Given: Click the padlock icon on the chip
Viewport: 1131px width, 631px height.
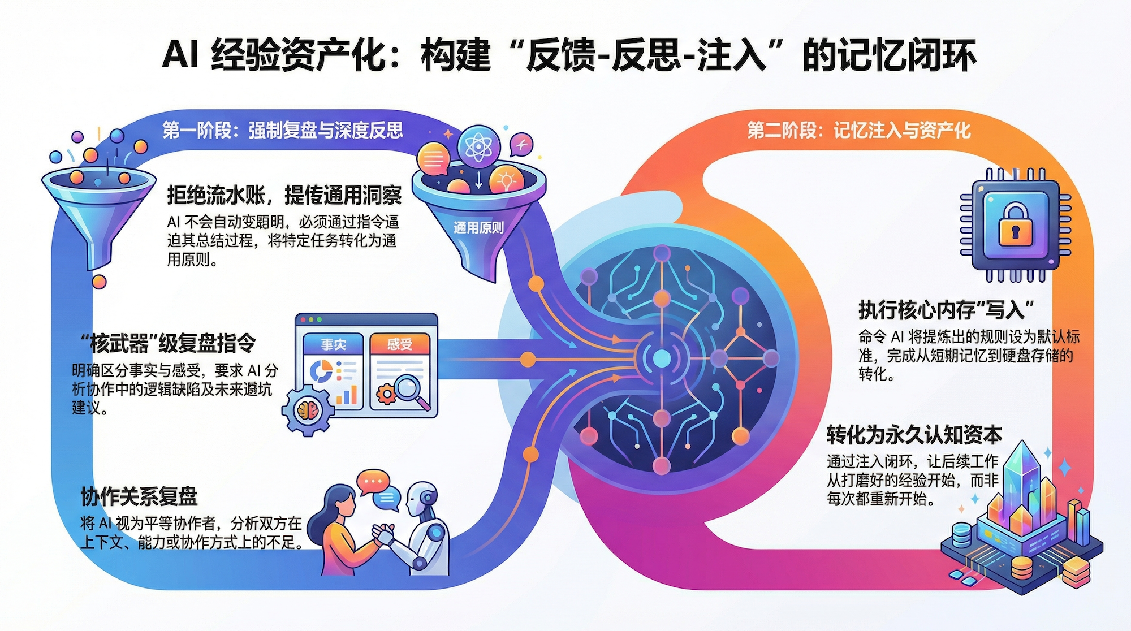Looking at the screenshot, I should pos(1015,225).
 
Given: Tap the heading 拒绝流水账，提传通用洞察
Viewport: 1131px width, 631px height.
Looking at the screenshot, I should pos(284,195).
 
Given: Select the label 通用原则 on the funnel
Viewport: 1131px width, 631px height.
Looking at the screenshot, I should pos(478,228).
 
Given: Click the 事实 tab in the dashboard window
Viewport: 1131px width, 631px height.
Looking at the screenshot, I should pos(333,344).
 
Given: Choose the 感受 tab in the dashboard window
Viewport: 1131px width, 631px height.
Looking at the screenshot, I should pos(400,344).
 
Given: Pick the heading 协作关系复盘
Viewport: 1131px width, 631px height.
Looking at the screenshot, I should pos(139,496).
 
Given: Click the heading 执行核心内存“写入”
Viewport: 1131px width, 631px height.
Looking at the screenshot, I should pos(946,310).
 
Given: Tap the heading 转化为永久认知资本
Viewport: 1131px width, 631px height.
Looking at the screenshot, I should pos(914,434).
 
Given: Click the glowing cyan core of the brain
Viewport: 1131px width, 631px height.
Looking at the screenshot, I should pos(662,358).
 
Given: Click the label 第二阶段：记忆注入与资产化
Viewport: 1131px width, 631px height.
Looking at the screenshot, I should pos(858,131).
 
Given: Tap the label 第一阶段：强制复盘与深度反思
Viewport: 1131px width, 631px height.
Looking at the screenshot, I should pos(283,130).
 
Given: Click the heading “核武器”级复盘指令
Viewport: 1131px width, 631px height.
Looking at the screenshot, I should pos(167,343).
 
